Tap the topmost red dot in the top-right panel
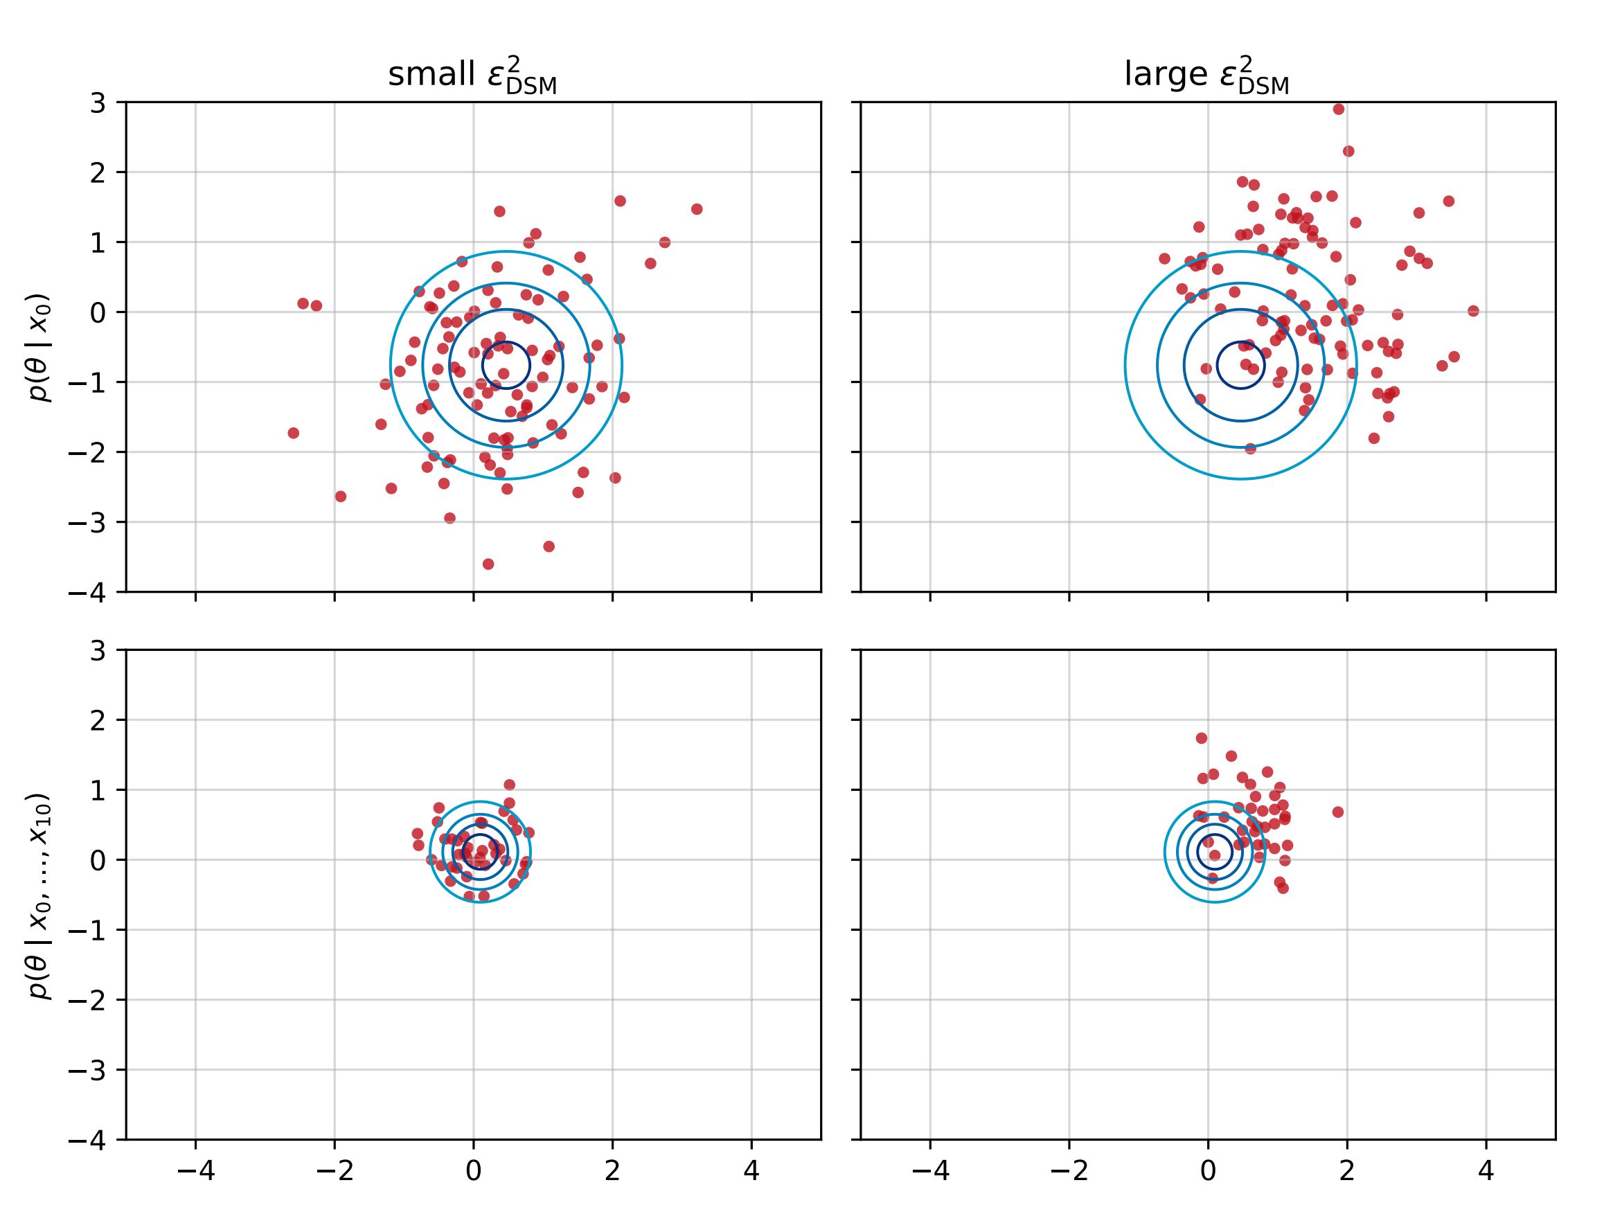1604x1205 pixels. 1339,109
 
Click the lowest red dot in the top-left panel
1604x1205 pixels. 488,564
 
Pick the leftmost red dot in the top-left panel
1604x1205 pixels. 293,433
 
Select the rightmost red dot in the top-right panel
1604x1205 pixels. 1472,311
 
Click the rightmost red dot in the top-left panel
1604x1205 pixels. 697,209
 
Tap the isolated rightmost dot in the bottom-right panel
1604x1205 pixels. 1338,812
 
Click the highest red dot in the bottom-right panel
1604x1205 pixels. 1201,738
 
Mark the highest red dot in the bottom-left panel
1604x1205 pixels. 509,785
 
